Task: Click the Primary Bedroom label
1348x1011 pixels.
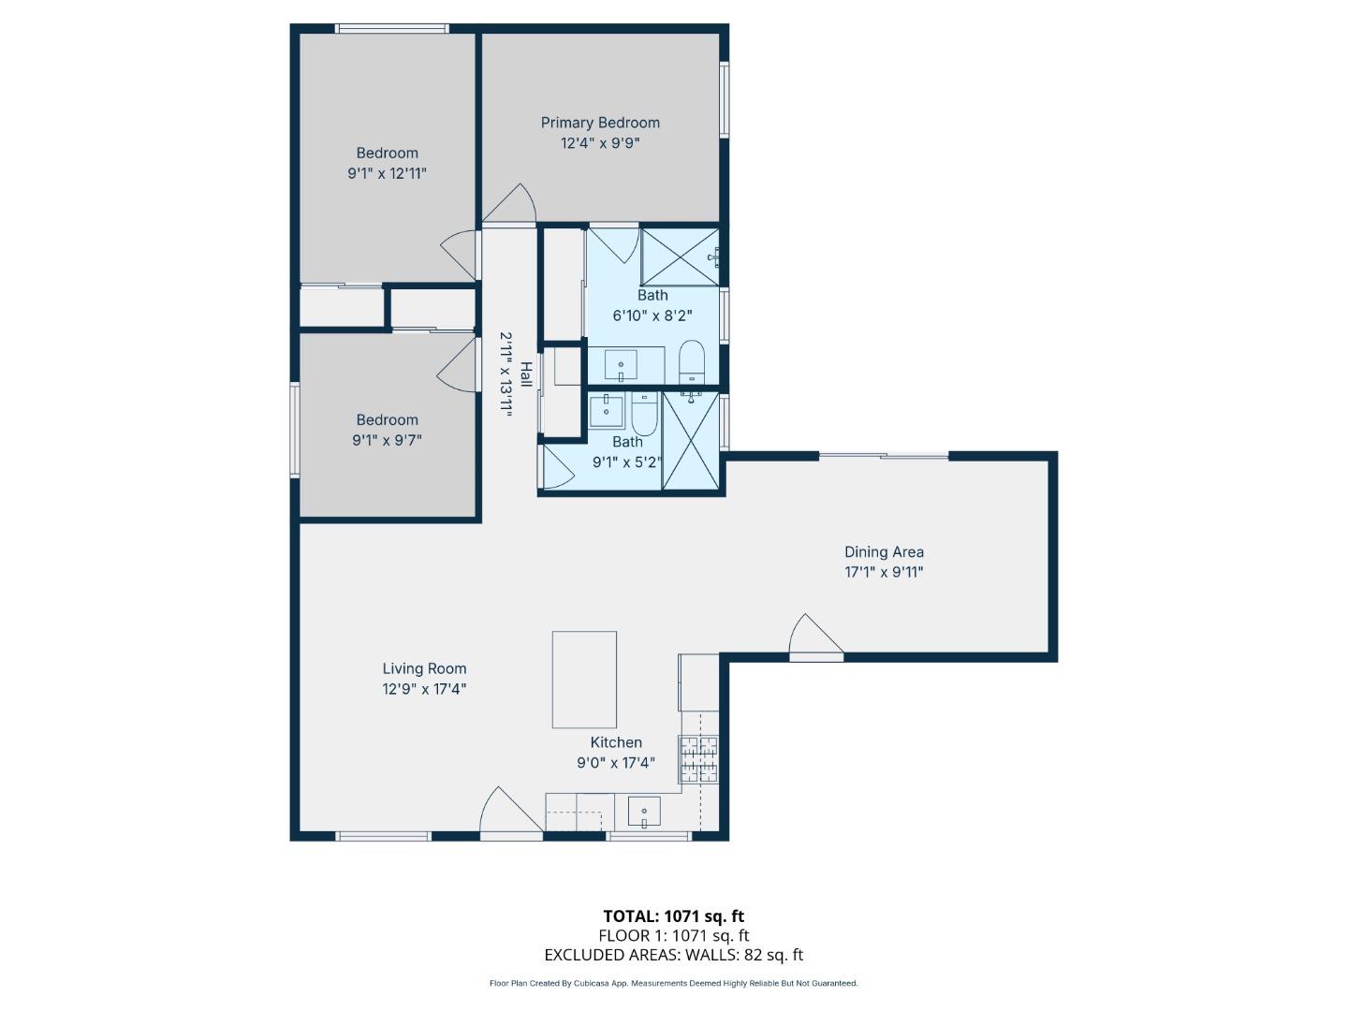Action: click(x=600, y=123)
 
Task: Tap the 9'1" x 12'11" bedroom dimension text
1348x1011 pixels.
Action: click(x=387, y=173)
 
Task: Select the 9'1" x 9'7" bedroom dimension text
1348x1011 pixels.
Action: click(x=387, y=440)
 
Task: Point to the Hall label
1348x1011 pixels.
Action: click(x=526, y=374)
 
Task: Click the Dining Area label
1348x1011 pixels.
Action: click(x=884, y=552)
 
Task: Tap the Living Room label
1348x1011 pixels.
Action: click(x=424, y=668)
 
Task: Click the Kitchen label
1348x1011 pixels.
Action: click(x=615, y=742)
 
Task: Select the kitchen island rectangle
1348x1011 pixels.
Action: click(x=584, y=680)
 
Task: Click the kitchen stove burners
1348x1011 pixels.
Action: click(x=699, y=759)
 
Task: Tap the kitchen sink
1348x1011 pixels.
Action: click(x=644, y=811)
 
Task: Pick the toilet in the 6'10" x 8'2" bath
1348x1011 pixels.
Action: click(x=691, y=361)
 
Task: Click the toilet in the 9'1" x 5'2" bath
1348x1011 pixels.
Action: click(x=644, y=412)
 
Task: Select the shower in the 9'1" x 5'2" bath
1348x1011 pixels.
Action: click(x=692, y=441)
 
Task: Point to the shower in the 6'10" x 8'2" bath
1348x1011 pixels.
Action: click(x=680, y=256)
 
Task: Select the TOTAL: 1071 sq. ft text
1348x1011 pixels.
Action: click(x=673, y=916)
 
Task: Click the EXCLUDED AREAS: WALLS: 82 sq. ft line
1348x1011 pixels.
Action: click(x=673, y=955)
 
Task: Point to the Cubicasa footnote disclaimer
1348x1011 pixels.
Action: click(x=673, y=983)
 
